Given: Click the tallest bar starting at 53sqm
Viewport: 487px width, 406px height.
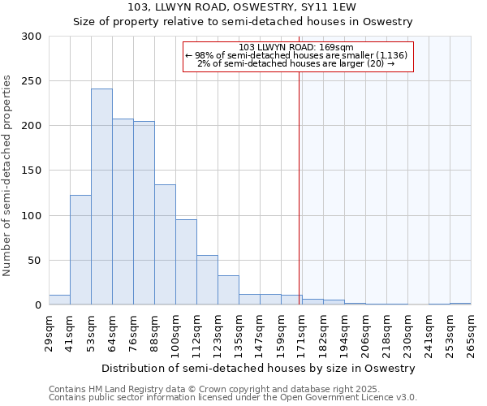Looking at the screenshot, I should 101,197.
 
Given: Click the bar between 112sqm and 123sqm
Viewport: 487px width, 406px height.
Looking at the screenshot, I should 207,280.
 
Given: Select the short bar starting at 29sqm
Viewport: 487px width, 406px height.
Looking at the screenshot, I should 59,300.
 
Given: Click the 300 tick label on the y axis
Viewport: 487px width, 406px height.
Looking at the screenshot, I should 31,37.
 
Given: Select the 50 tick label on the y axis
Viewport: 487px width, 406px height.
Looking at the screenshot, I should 34,261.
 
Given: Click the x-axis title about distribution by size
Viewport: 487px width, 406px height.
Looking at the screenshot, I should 263,368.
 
